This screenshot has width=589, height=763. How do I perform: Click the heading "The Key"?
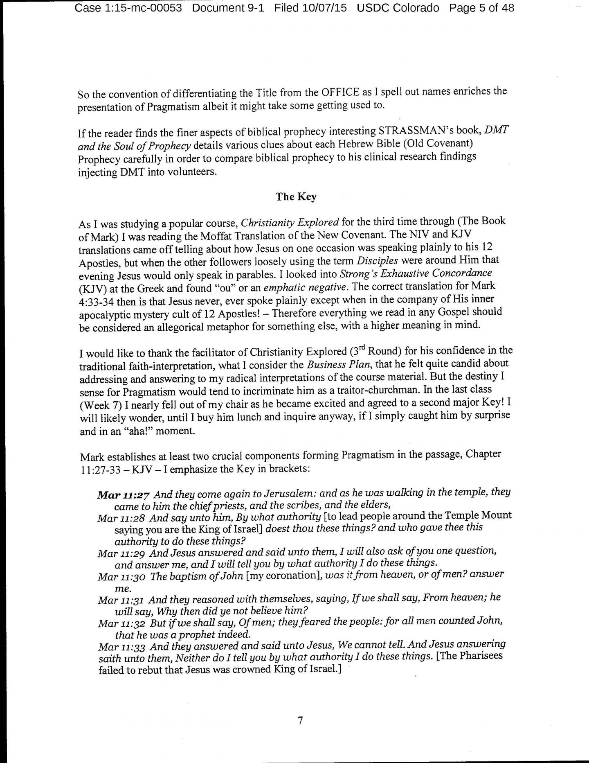tap(296, 197)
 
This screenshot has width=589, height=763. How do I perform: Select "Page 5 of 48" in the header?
tap(481, 8)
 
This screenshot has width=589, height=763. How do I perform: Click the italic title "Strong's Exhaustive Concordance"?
tap(416, 273)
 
